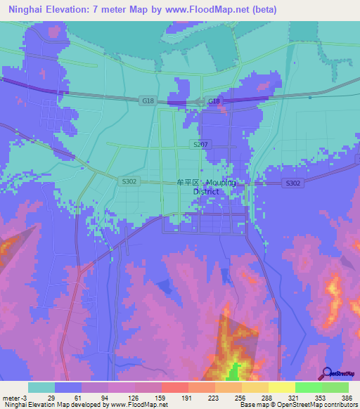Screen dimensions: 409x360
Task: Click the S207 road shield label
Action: (200, 143)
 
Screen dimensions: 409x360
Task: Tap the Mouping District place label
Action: (206, 186)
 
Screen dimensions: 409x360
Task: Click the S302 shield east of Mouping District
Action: (293, 183)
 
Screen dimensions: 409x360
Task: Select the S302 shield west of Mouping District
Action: (129, 181)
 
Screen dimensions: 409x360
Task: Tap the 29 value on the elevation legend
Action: (51, 398)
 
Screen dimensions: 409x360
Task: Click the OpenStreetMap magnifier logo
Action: (326, 373)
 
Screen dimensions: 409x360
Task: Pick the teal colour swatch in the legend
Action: (41, 387)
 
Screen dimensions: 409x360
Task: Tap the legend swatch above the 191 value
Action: (175, 387)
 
